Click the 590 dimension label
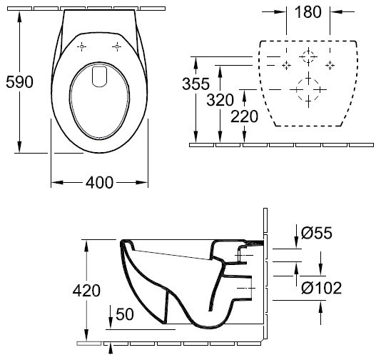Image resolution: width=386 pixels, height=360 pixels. coord(19,82)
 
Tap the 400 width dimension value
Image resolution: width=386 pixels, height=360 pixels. coord(99,183)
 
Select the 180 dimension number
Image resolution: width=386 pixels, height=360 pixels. coord(308,12)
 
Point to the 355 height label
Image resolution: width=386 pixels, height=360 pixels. coord(195,84)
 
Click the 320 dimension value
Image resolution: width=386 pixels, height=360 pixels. coord(220,100)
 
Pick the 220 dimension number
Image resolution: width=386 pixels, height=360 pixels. coord(244,116)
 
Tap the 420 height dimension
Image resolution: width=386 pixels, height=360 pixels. coord(86,291)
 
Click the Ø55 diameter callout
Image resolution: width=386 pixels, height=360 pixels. coord(317,233)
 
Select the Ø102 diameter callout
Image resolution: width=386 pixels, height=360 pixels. coord(322,288)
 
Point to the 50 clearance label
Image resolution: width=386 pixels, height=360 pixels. coord(125,314)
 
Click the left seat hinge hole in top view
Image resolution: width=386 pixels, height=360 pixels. coord(82,46)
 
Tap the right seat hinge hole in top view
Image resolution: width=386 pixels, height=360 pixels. coord(117,46)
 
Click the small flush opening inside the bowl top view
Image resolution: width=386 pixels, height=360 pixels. coord(99,76)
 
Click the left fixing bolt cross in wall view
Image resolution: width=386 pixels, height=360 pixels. coord(286,65)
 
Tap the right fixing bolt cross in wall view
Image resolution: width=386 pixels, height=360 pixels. coord(330,65)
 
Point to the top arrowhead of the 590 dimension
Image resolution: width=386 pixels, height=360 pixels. coord(19,16)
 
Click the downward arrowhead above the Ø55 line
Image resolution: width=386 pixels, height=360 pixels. coord(296,242)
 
